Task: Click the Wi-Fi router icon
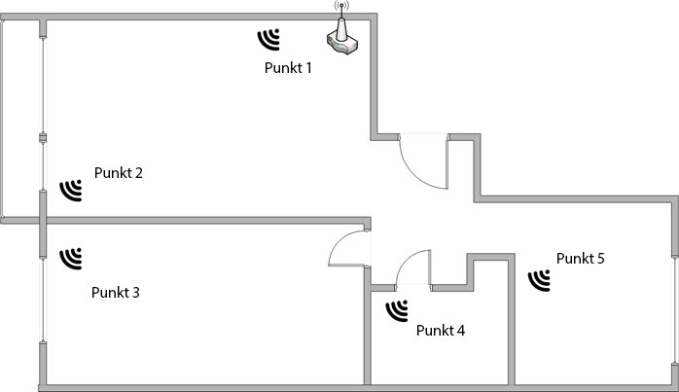click(342, 38)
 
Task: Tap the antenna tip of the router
click(341, 5)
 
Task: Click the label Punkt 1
click(288, 67)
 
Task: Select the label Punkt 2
click(119, 173)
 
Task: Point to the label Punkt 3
click(115, 293)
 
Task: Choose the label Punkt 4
click(441, 331)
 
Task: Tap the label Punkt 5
click(581, 259)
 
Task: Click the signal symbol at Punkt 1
click(268, 40)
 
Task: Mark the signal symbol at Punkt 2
click(71, 191)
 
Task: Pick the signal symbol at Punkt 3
click(71, 259)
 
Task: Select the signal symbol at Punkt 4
click(397, 310)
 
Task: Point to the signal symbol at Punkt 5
click(540, 280)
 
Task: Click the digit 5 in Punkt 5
click(600, 259)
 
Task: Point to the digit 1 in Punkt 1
click(308, 67)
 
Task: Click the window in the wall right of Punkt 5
click(675, 309)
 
